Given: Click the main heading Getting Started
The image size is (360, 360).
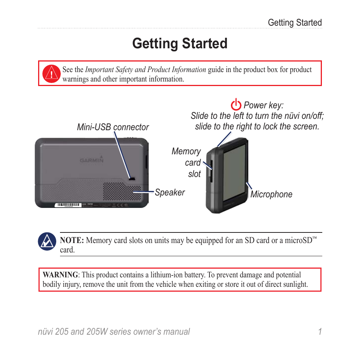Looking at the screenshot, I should click(x=180, y=44).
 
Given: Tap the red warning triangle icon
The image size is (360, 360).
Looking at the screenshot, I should click(x=51, y=73).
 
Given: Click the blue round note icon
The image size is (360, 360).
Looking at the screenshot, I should click(x=47, y=241).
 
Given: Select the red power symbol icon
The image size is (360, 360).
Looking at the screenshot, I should click(x=236, y=105).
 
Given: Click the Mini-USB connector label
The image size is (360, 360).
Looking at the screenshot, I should click(x=113, y=127).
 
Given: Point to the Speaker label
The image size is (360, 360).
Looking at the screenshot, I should click(x=170, y=192).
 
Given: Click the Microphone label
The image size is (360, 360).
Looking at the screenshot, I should click(x=271, y=194).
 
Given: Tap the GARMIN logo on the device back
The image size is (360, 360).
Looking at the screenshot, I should click(x=92, y=160).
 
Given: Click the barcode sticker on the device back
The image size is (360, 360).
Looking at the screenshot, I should click(x=67, y=205).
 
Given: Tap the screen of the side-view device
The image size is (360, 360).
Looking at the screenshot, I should click(x=234, y=172).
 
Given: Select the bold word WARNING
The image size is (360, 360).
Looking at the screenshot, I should click(x=60, y=275).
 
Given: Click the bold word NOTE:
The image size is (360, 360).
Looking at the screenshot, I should click(x=72, y=241).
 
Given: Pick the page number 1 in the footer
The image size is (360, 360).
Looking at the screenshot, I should click(x=320, y=332).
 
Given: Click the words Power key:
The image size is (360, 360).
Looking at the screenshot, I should click(x=263, y=105).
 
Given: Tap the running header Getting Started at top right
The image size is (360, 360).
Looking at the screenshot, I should click(x=295, y=23).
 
